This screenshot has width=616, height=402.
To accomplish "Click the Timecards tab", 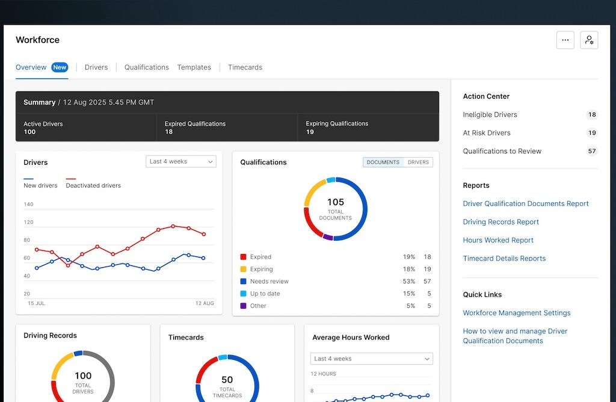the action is [245, 67].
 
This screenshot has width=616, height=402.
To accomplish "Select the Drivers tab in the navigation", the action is [96, 67].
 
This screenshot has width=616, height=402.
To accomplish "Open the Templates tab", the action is [194, 67].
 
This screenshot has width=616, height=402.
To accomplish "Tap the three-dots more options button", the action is [565, 40].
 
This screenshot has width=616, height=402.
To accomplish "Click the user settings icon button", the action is [589, 40].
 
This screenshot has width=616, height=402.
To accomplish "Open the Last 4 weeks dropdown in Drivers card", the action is [180, 161].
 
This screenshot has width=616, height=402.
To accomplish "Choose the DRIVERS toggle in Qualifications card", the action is [418, 162].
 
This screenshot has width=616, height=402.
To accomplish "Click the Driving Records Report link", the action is [500, 222].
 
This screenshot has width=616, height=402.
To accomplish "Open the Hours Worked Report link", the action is [497, 240].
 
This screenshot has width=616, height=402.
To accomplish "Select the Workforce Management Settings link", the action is [517, 313].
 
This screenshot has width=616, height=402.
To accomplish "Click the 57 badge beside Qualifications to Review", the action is [592, 151].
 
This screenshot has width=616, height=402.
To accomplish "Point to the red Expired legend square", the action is [243, 257].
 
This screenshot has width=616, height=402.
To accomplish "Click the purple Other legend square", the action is [243, 306].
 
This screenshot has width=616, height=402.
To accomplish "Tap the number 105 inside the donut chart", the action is [336, 202].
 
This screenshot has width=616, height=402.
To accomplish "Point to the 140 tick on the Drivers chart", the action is [28, 205].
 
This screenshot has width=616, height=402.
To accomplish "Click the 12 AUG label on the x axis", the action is [205, 303].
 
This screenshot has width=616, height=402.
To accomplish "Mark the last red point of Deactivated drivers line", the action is [204, 234].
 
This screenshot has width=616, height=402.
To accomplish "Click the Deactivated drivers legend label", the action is [93, 185].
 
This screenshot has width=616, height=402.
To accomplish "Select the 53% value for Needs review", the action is [409, 282].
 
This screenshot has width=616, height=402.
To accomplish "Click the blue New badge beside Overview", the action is [60, 67].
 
